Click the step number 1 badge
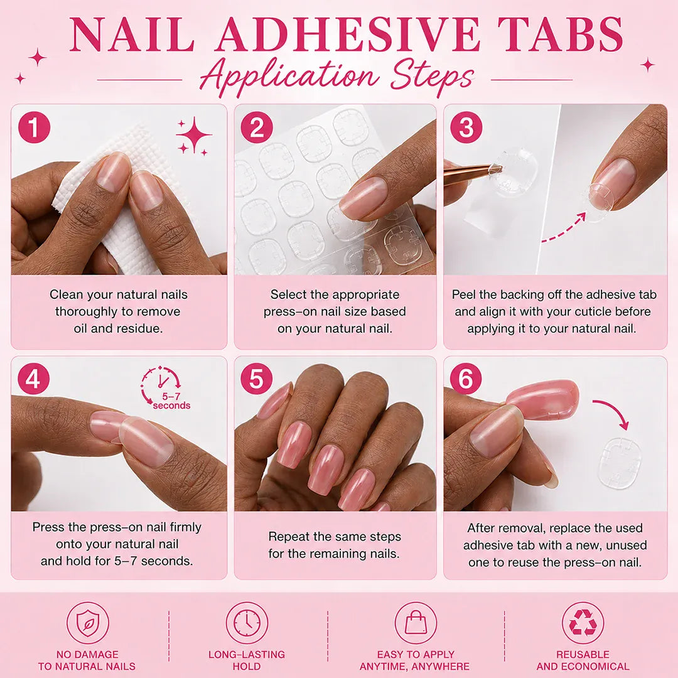point(34,127)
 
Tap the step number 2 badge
point(257,127)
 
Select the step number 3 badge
point(466,127)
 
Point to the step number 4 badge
point(34,379)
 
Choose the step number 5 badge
point(256,379)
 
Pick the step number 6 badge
point(466,379)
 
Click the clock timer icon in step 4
point(161,383)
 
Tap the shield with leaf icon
point(88,623)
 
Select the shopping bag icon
point(416,623)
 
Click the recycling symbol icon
point(583,623)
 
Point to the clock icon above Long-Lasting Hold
point(247,623)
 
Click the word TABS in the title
point(561,35)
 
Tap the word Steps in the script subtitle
point(433,77)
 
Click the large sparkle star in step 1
point(194,134)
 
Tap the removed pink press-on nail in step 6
point(543,399)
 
